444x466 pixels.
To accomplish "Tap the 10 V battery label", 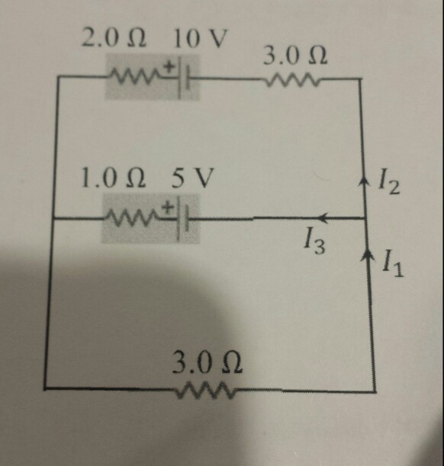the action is click(201, 38).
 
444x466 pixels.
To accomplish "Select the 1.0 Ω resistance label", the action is click(114, 178).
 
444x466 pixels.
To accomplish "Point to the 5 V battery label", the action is click(192, 178).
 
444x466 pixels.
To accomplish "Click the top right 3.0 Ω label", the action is click(296, 56).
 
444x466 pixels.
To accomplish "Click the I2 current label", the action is click(389, 185).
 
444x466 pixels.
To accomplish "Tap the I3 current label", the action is click(314, 242).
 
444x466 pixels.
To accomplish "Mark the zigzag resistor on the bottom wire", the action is click(205, 390).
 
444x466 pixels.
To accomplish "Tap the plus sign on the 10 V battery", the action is click(169, 66).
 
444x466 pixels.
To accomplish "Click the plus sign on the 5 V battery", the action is click(168, 207).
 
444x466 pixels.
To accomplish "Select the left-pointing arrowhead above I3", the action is click(323, 217).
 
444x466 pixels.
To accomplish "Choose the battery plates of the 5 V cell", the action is click(182, 220).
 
